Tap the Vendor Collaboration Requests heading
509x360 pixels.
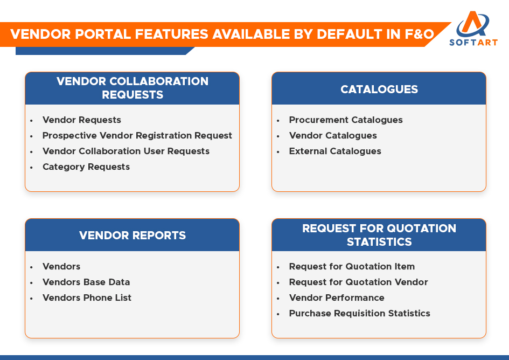coord(133,88)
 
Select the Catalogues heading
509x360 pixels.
coord(379,89)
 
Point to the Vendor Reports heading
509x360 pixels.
coord(133,236)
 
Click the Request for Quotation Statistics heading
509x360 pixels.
coord(379,235)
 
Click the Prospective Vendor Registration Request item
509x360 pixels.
coord(137,135)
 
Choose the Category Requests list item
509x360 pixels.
coord(86,167)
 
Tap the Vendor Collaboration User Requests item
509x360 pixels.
coord(126,151)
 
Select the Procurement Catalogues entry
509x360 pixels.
coord(346,120)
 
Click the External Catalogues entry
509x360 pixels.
coord(335,151)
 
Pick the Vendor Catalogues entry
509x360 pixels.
coord(333,135)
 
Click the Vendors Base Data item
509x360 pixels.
coord(86,282)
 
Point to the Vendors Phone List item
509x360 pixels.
coord(87,297)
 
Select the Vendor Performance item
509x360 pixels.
coord(337,297)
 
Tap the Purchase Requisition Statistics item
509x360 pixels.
coord(360,313)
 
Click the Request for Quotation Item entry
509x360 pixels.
coord(352,266)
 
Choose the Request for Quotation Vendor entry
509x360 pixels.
coord(359,282)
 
